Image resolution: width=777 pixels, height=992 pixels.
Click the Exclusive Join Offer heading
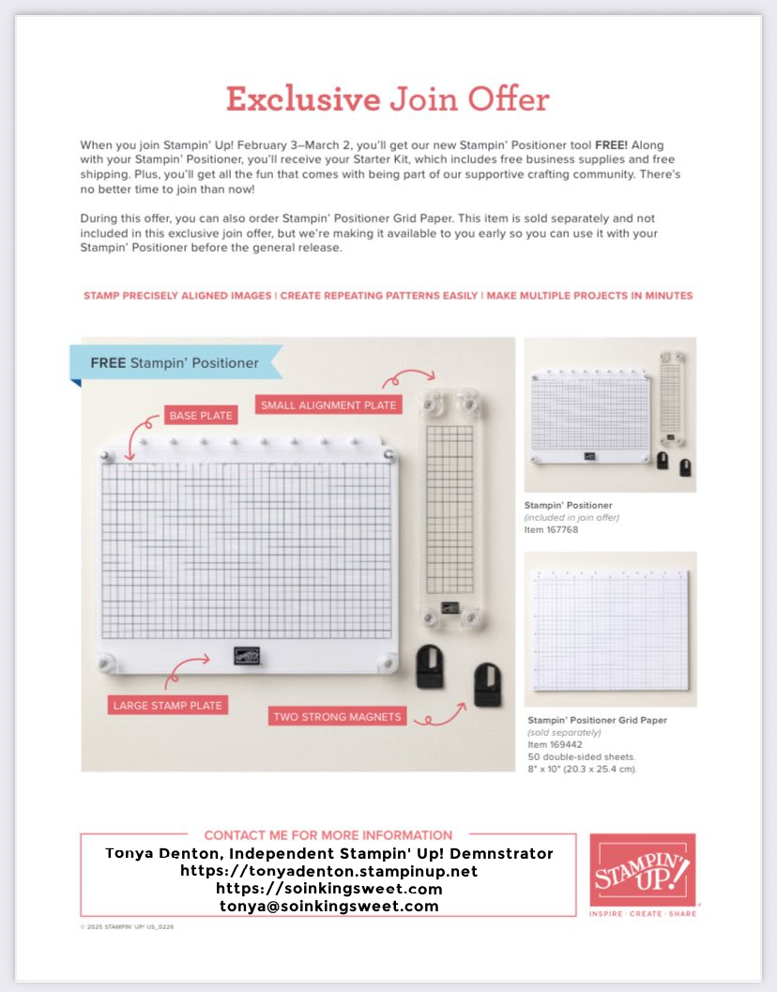point(388,99)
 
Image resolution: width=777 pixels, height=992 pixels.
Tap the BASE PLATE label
point(200,415)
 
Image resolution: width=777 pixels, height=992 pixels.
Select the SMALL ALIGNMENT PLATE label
point(328,404)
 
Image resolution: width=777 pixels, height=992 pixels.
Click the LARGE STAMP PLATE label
point(169,705)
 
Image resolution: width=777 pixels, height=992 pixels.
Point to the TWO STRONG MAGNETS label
point(337,717)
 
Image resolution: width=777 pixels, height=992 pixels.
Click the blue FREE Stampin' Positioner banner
point(175,362)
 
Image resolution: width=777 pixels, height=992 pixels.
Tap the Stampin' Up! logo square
point(642,868)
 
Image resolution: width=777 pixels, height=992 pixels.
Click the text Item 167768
point(551,529)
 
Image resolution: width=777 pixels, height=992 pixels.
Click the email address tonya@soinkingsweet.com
point(329,906)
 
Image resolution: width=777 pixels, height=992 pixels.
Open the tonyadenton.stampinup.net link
point(329,871)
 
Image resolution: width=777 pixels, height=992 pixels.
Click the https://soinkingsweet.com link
point(329,888)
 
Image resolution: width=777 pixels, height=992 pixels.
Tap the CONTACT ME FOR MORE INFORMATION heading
point(328,834)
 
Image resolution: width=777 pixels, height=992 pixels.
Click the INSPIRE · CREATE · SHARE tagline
point(643,913)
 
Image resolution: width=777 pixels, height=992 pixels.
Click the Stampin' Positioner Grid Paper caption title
point(598,720)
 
